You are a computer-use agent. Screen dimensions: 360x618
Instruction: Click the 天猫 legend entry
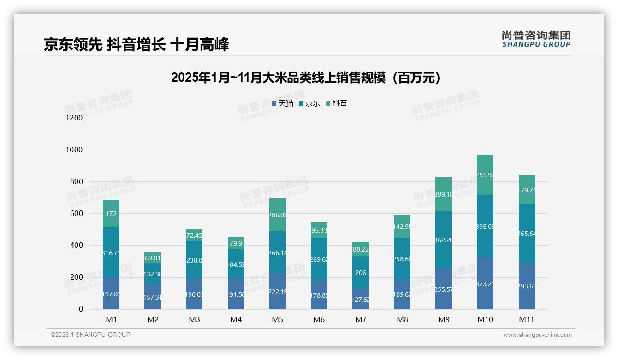coord(282,103)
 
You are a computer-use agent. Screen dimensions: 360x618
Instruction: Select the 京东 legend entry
coord(309,103)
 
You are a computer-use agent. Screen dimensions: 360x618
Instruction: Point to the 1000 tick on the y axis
coord(74,150)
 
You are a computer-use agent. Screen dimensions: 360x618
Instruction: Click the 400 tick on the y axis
coord(76,246)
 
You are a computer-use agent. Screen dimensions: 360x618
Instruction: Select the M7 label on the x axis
coord(361,319)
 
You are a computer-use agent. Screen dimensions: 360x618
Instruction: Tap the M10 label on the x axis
coord(485,319)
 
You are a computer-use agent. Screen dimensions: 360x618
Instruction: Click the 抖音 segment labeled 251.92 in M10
coord(485,175)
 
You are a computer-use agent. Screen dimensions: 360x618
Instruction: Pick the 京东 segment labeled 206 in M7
coord(361,273)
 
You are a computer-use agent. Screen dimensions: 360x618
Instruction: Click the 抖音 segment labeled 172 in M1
coord(111,214)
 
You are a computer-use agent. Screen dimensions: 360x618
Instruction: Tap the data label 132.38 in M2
coord(153,274)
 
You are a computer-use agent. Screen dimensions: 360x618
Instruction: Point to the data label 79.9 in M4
coord(236,243)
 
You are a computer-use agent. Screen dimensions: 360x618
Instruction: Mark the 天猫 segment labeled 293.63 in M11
coord(527,286)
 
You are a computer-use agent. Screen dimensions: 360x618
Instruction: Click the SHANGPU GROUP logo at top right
coord(536,39)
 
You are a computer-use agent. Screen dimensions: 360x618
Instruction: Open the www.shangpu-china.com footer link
coord(537,335)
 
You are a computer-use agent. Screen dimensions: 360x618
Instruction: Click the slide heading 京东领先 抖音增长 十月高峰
coord(136,45)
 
